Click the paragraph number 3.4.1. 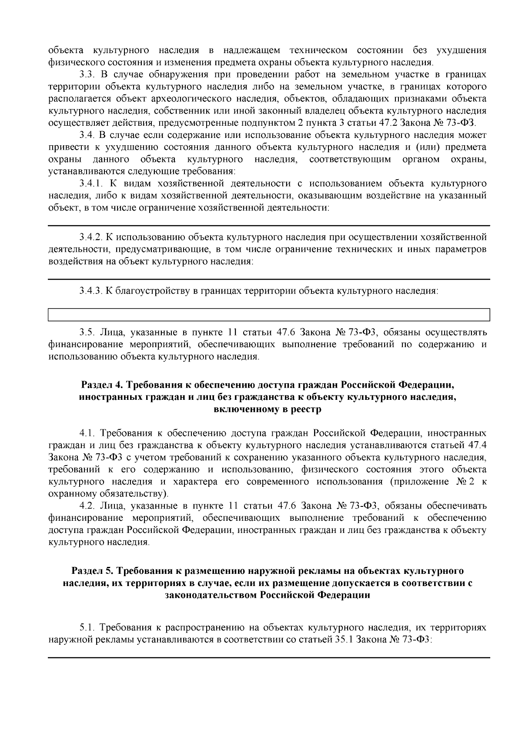point(90,184)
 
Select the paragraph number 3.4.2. point(90,238)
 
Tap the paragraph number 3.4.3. point(90,291)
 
